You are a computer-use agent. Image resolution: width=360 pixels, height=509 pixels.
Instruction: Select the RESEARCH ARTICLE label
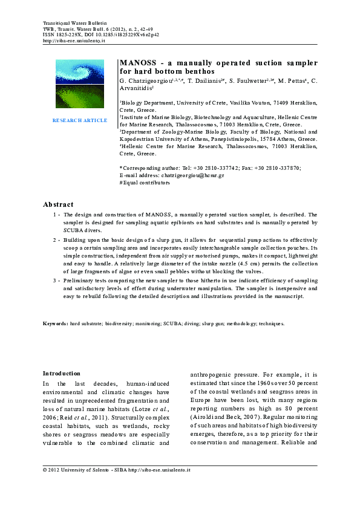(80, 120)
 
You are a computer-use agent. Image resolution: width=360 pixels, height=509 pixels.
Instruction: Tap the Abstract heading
(58, 204)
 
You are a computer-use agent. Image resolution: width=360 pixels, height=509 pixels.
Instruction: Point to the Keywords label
(55, 324)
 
